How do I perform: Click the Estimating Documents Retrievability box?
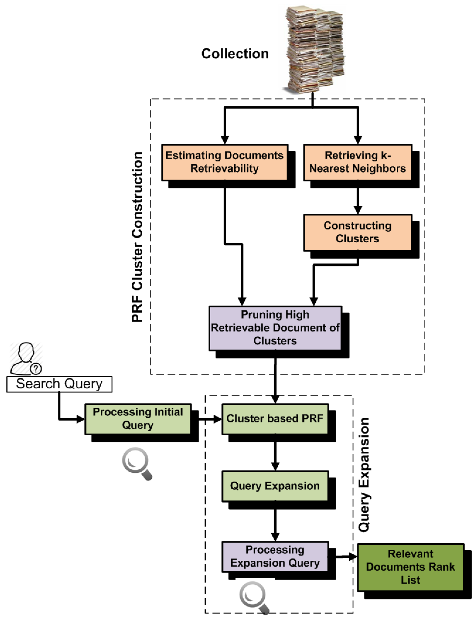point(225,162)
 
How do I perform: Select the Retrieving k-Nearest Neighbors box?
point(358,162)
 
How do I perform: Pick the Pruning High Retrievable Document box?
point(275,328)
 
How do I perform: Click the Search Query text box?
point(59,384)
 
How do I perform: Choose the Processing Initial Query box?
point(138,419)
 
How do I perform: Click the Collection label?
point(235,54)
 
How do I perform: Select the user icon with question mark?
point(26,358)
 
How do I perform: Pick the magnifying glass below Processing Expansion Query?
point(254,598)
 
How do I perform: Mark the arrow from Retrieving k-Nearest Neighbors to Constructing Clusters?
point(358,201)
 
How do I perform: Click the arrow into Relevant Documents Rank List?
point(346,557)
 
